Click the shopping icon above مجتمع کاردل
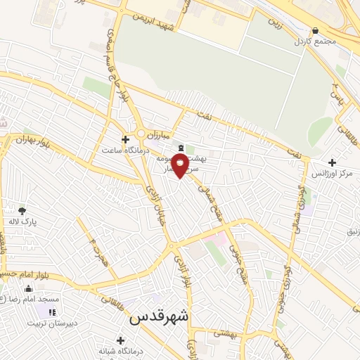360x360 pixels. pyautogui.click(x=314, y=31)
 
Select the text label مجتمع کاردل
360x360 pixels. pyautogui.click(x=316, y=41)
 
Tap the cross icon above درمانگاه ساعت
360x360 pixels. pyautogui.click(x=125, y=139)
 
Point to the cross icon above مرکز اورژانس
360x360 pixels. pyautogui.click(x=332, y=162)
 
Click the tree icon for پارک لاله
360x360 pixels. pyautogui.click(x=22, y=210)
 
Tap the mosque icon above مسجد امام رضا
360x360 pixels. pyautogui.click(x=28, y=288)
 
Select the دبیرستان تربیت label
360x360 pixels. pyautogui.click(x=45, y=323)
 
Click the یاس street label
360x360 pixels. pyautogui.click(x=337, y=91)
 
